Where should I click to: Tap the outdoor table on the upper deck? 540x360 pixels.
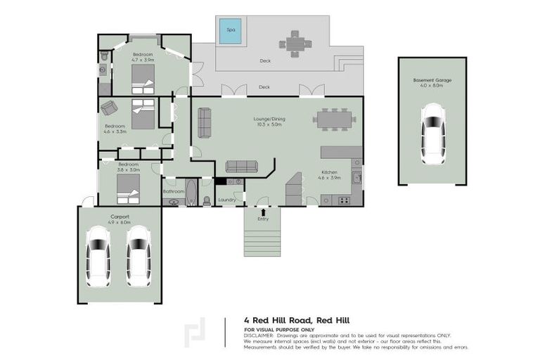295,43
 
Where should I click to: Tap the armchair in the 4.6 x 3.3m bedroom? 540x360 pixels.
109,108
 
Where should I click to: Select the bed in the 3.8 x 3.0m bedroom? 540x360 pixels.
128,187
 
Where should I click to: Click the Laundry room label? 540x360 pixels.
226,200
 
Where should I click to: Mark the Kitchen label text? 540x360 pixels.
330,172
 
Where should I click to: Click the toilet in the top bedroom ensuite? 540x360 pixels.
104,55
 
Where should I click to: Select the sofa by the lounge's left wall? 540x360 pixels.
205,122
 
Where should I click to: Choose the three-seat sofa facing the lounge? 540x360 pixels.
241,166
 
